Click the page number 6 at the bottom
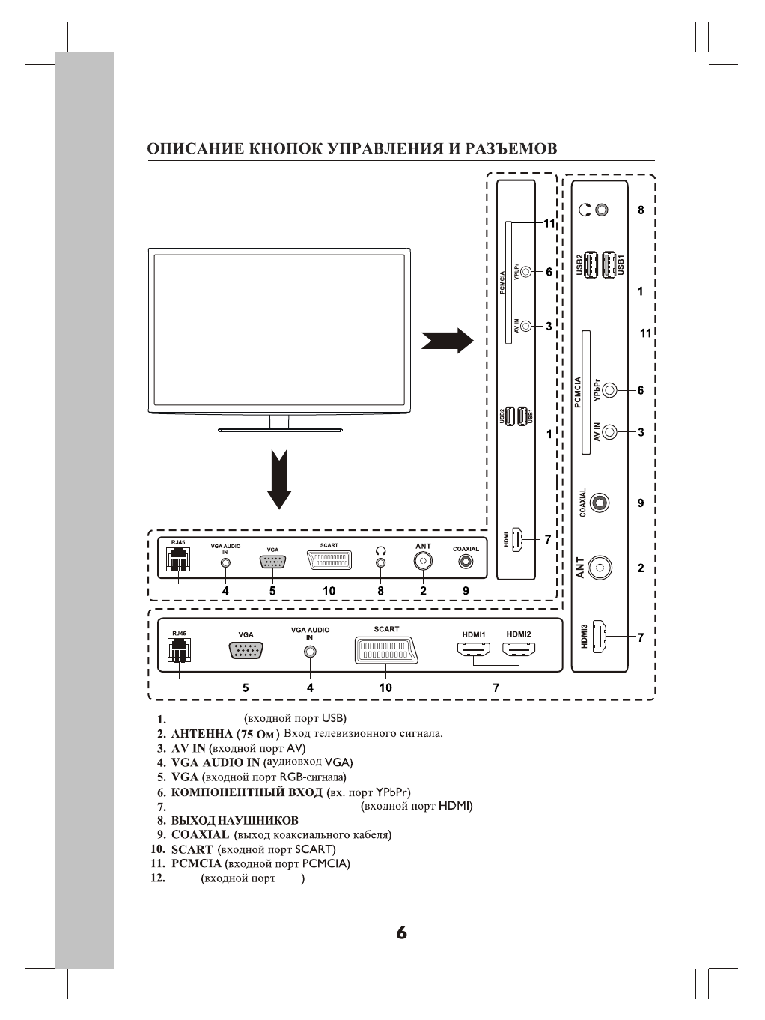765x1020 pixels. click(401, 933)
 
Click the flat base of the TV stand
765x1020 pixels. click(279, 431)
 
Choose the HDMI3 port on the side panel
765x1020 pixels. click(600, 636)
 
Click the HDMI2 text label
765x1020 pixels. click(518, 634)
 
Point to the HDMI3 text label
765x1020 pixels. click(585, 636)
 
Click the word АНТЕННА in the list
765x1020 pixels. click(202, 734)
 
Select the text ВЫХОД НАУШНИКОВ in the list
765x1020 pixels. click(234, 820)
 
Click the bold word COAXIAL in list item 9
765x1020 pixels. click(200, 834)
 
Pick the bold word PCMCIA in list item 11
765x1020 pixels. click(196, 863)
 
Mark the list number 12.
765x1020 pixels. click(157, 878)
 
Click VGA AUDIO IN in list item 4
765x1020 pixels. click(216, 762)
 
